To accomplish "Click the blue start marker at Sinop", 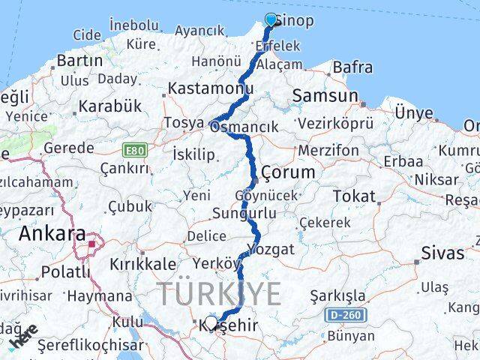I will point(271,19).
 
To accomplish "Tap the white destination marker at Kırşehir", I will point(211,322).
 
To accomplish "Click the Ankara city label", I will point(52,234).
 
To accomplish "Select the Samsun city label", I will point(325,95).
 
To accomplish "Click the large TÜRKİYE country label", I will point(219,293).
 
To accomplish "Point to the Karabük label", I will point(110,106).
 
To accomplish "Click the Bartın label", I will point(79,59).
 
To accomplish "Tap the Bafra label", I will point(352,67).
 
